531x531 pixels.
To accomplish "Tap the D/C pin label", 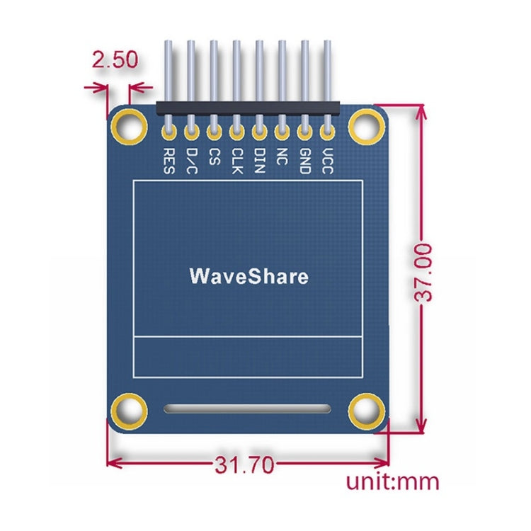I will tap(191, 161).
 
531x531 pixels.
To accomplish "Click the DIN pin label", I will tap(259, 159).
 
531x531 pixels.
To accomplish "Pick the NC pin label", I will tap(282, 155).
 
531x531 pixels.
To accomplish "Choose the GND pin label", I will tap(304, 159).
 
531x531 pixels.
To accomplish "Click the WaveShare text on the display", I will tap(249, 275).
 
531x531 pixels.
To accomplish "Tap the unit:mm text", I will tap(392, 482).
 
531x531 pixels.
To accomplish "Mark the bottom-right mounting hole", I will tap(366, 409).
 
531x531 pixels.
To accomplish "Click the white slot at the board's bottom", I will tap(247, 409).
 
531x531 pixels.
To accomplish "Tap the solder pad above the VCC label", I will tap(327, 130).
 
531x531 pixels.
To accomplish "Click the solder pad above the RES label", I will tap(169, 130).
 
